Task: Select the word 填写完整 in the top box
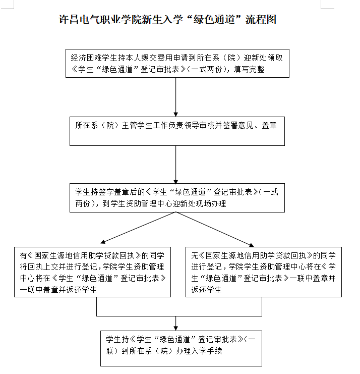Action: click(x=249, y=69)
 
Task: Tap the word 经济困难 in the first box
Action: click(x=86, y=58)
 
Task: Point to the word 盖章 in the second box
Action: click(x=269, y=125)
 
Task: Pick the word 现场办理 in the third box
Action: click(x=211, y=203)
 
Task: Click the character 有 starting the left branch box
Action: click(x=23, y=255)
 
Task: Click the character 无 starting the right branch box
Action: click(x=195, y=255)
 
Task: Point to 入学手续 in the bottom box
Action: click(x=207, y=351)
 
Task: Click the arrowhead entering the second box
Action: click(x=176, y=114)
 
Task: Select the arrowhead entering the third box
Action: click(x=176, y=181)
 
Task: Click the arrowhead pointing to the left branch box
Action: click(x=103, y=242)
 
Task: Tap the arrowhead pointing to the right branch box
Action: click(x=252, y=245)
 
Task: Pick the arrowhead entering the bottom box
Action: click(x=176, y=329)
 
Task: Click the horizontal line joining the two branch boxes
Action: click(x=179, y=316)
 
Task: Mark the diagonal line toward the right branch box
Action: click(x=213, y=228)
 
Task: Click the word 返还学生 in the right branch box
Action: click(x=206, y=290)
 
